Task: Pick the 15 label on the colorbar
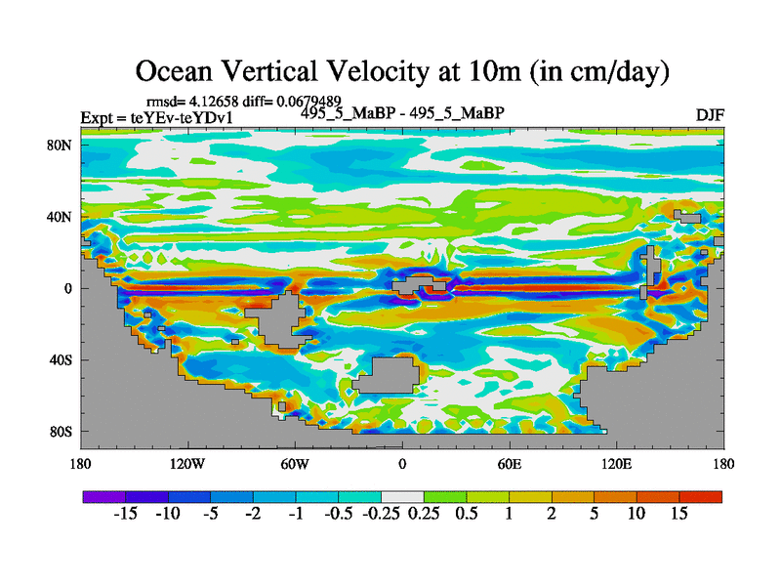[x=679, y=515]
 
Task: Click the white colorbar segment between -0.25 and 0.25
[x=401, y=497]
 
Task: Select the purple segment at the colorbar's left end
[x=103, y=497]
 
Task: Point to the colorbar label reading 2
[x=552, y=515]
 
